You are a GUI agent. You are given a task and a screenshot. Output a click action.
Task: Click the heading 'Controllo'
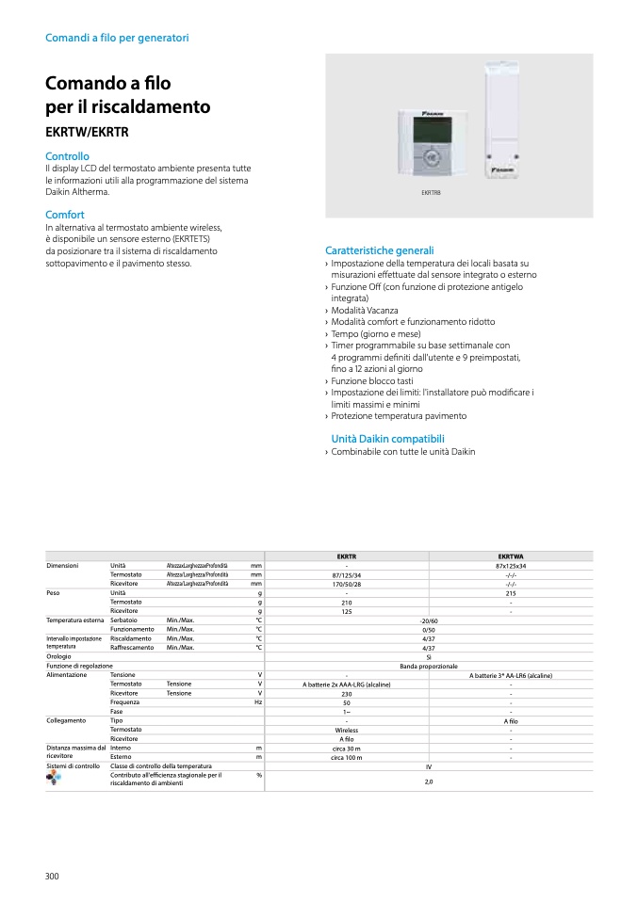point(67,156)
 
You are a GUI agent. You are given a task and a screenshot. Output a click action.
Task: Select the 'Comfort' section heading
point(65,216)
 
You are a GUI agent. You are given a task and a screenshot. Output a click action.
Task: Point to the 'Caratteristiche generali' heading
point(379,251)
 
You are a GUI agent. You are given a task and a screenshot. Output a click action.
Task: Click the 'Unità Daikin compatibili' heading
point(387,439)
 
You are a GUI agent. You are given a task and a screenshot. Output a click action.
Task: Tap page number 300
point(52,877)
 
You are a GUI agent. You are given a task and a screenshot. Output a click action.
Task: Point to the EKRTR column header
point(347,556)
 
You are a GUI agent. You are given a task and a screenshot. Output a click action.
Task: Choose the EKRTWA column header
point(510,556)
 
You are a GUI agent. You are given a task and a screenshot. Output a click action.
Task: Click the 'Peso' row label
point(54,593)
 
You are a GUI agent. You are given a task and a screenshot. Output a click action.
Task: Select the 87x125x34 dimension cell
point(510,566)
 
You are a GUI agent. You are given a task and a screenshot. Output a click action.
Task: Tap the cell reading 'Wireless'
point(347,730)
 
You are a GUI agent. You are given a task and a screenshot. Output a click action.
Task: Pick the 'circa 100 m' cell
point(347,757)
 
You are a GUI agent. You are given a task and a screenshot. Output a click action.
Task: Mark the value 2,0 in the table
point(429,781)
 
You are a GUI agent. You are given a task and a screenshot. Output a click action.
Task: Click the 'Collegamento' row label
point(66,720)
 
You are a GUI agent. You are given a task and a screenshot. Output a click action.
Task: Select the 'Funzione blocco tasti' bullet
point(372,380)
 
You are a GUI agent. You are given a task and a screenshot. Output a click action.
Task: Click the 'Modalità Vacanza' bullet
point(364,310)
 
